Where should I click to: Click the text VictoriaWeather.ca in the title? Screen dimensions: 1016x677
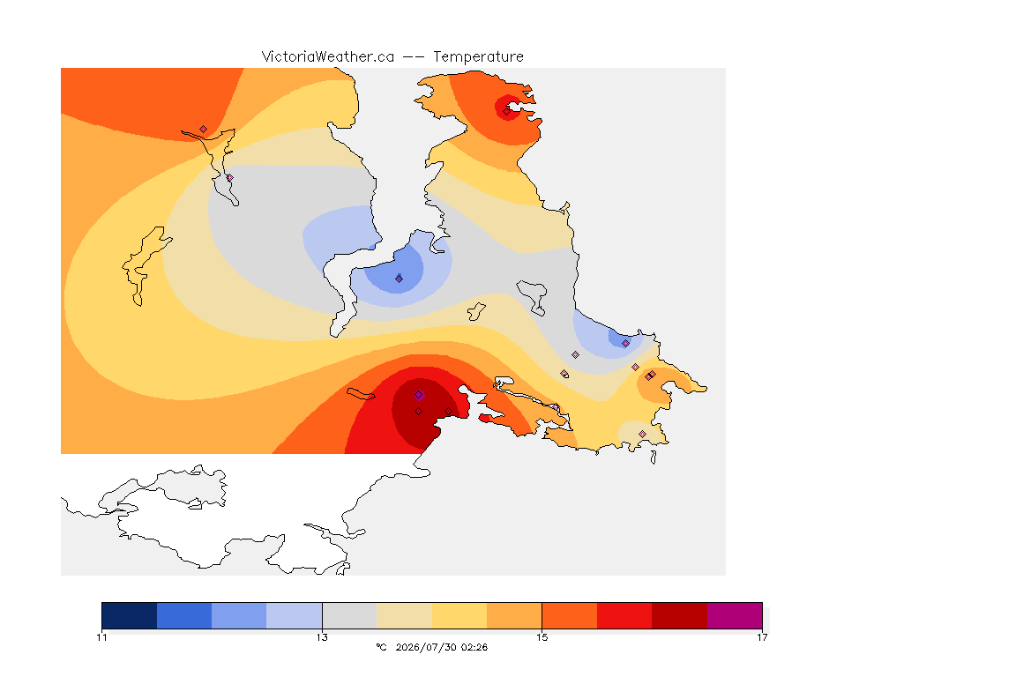pos(328,57)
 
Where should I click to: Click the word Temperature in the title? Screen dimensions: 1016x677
pos(478,57)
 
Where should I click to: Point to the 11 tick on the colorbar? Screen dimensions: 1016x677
pos(101,637)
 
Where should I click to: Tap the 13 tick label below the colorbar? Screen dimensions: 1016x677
pos(322,637)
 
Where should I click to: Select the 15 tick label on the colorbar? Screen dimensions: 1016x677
pos(542,637)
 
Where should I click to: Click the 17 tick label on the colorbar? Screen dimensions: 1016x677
pos(762,637)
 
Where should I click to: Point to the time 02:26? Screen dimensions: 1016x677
pos(474,647)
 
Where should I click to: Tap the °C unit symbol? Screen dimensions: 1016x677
pos(382,647)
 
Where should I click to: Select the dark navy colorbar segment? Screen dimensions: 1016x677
pos(129,615)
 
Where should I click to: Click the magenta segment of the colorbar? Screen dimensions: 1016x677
pos(735,615)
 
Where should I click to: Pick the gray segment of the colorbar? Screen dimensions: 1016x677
pos(349,615)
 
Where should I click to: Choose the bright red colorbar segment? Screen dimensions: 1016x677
pos(624,615)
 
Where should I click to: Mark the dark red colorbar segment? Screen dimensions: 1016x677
pos(680,615)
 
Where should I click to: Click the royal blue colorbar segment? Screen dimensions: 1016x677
pos(184,615)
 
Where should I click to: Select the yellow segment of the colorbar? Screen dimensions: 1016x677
pos(459,615)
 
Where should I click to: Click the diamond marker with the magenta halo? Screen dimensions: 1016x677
pos(419,395)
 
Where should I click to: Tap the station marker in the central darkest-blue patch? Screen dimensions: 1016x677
pos(400,279)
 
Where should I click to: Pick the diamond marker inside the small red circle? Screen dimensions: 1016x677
pos(507,111)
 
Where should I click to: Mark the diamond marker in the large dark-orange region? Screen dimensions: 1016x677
pos(204,130)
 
